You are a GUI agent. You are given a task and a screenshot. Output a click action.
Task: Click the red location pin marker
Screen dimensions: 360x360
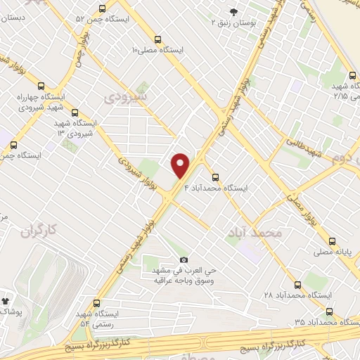pos(181,165)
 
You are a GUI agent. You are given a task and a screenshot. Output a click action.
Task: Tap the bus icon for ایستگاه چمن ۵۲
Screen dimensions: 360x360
pos(103,9)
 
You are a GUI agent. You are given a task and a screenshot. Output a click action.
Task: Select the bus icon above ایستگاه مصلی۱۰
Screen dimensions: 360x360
pos(157,40)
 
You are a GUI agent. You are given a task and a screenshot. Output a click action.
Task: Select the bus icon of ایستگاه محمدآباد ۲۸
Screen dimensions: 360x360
pos(298,285)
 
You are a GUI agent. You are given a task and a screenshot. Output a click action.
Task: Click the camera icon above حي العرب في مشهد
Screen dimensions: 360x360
pos(184,260)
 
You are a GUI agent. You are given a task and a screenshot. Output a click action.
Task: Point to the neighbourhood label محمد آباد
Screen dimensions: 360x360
pos(255,231)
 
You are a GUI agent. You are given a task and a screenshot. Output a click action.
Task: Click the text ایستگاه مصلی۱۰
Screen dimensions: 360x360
pos(157,51)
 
